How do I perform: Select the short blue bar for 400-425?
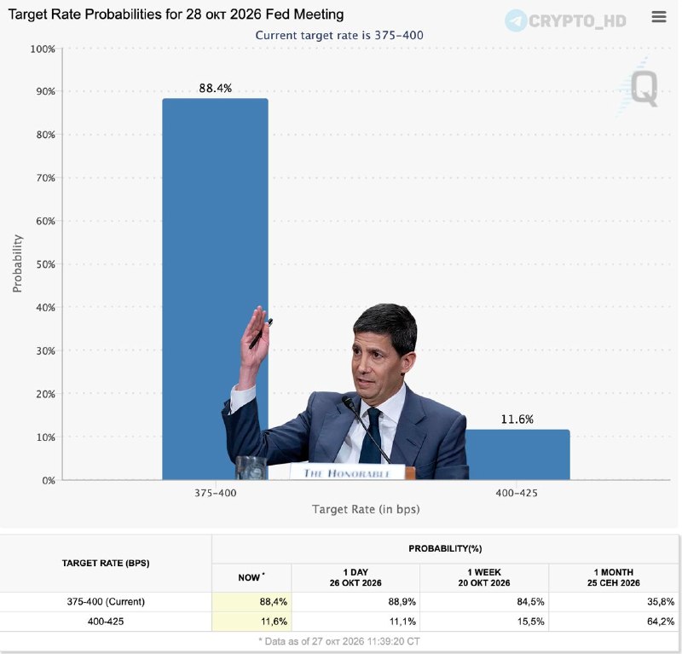pos(517,454)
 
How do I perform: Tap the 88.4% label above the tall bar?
pos(216,88)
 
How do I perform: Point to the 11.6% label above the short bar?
pos(517,419)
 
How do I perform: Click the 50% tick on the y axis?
pos(46,264)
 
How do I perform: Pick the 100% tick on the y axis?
pos(43,49)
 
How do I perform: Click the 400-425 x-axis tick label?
pos(517,493)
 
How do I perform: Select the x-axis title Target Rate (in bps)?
pos(366,509)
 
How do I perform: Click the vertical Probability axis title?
pos(17,263)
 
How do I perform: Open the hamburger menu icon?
pos(659,16)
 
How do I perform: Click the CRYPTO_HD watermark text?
pos(577,20)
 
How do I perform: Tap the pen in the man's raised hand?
pos(261,333)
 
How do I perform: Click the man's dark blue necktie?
pos(371,435)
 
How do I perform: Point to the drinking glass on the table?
pos(251,468)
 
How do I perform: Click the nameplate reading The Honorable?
pos(347,472)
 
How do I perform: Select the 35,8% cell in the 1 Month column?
pos(661,602)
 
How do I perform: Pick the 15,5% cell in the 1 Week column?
pos(530,622)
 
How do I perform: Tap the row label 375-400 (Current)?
pos(106,602)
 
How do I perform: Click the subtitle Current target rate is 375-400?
pos(339,35)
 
